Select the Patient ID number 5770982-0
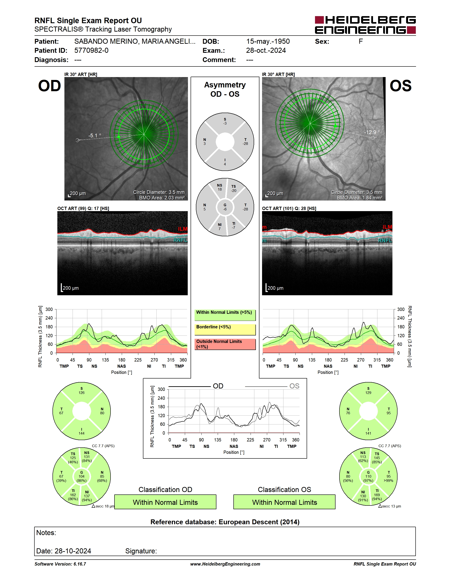tap(91, 50)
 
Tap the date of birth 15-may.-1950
tap(268, 41)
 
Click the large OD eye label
tap(50, 86)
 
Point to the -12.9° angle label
tap(372, 132)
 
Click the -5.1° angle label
tap(95, 136)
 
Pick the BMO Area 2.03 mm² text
tap(162, 198)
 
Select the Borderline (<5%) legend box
tap(225, 330)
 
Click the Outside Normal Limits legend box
tap(225, 344)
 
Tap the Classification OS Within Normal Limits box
tap(285, 502)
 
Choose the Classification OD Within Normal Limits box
tap(165, 502)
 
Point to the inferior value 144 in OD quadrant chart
tap(82, 433)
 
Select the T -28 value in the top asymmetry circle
tap(245, 142)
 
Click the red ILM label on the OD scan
tap(183, 229)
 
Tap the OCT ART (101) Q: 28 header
tap(289, 208)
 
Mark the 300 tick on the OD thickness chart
tap(49, 309)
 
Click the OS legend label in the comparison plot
tap(294, 386)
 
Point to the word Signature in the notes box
tap(141, 551)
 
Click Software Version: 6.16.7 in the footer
tap(60, 564)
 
